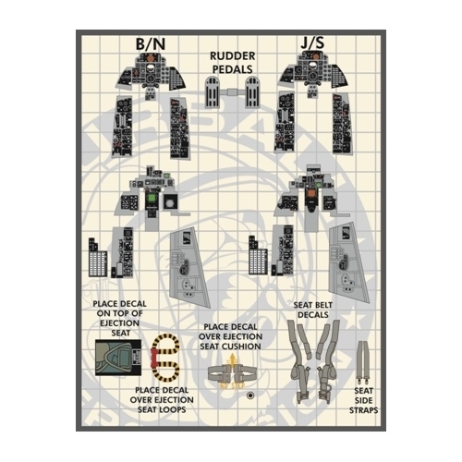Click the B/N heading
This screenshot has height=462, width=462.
click(151, 44)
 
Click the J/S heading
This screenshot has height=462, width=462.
click(312, 43)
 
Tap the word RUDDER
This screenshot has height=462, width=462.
click(233, 56)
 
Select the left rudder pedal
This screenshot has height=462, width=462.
click(213, 92)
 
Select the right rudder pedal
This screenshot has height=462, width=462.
click(252, 92)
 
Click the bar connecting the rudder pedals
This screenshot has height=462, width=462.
click(233, 91)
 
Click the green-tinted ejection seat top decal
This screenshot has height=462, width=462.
click(118, 358)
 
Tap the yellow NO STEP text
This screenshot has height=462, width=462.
click(231, 385)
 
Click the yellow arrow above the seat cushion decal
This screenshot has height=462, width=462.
click(231, 359)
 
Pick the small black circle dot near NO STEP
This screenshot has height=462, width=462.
click(250, 395)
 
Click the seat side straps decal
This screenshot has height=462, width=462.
click(363, 361)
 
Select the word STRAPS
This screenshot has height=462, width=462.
click(363, 410)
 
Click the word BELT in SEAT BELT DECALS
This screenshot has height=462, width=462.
click(322, 305)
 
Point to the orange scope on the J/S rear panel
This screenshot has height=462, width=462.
click(310, 194)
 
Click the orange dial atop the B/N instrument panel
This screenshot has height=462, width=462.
click(151, 57)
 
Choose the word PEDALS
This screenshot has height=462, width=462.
click(233, 69)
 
